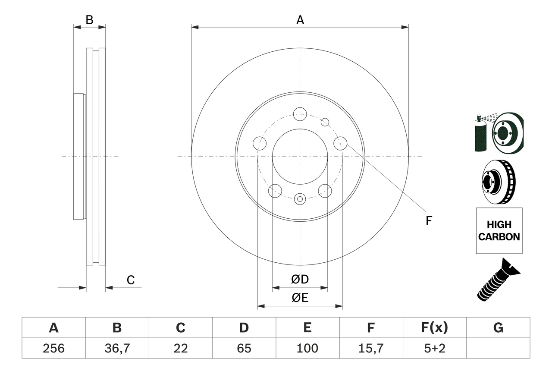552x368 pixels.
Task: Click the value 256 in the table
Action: [x=53, y=348]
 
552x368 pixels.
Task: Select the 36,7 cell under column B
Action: [x=117, y=348]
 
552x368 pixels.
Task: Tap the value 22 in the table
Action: [x=180, y=348]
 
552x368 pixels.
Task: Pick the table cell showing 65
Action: [x=244, y=348]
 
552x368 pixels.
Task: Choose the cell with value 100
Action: [x=307, y=348]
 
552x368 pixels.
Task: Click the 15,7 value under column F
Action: [x=370, y=348]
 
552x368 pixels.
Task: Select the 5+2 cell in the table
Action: [x=434, y=348]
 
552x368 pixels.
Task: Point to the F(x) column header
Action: [x=434, y=328]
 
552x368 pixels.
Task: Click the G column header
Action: [x=498, y=328]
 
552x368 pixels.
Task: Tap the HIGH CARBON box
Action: [x=499, y=231]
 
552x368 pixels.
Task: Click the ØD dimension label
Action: [x=300, y=280]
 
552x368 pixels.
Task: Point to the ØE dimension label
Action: [x=300, y=298]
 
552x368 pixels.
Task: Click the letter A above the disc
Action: [x=300, y=20]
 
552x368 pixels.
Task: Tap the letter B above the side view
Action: [x=89, y=20]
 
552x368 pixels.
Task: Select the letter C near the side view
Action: [x=131, y=280]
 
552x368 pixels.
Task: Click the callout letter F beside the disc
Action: [x=428, y=220]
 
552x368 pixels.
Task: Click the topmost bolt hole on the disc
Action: [x=299, y=114]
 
